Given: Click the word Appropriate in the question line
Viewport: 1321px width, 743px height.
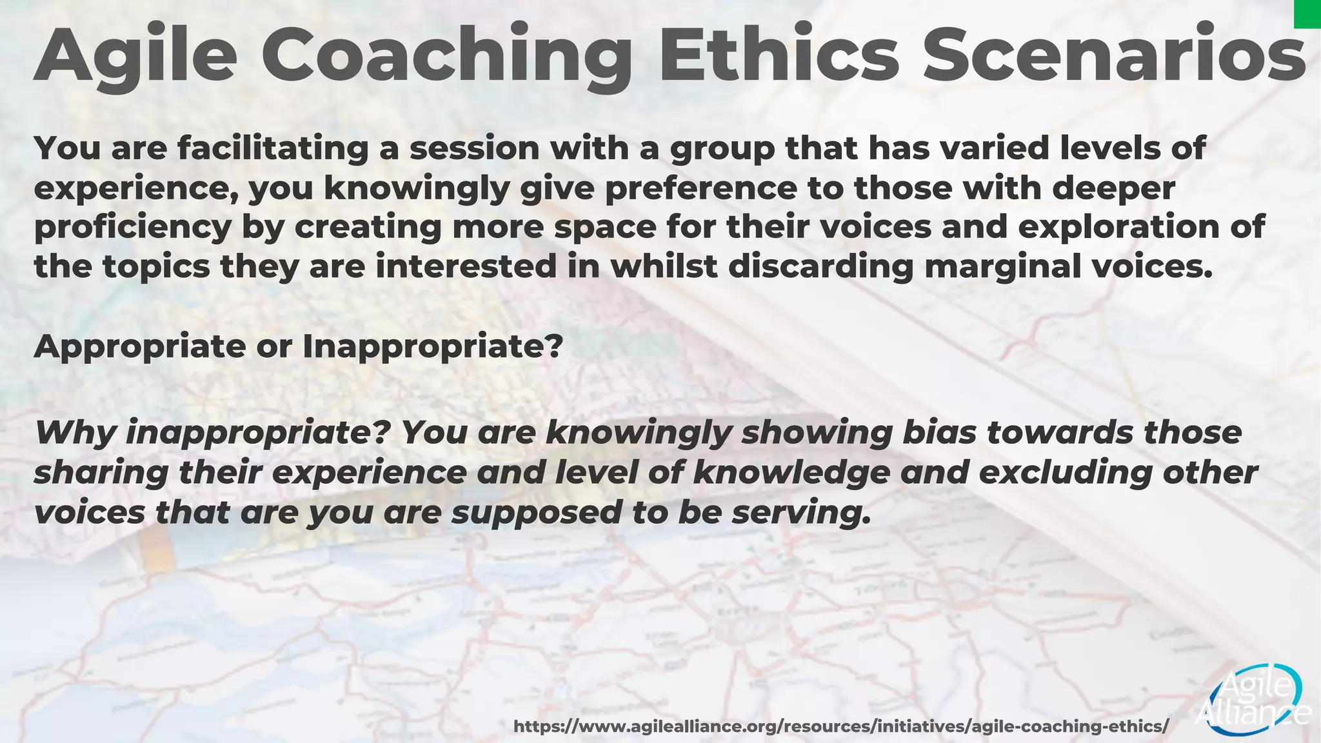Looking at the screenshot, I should coord(139,347).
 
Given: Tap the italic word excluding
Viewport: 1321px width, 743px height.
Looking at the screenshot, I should coord(1065,472).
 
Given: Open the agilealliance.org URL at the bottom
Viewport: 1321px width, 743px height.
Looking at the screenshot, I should coord(840,726).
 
